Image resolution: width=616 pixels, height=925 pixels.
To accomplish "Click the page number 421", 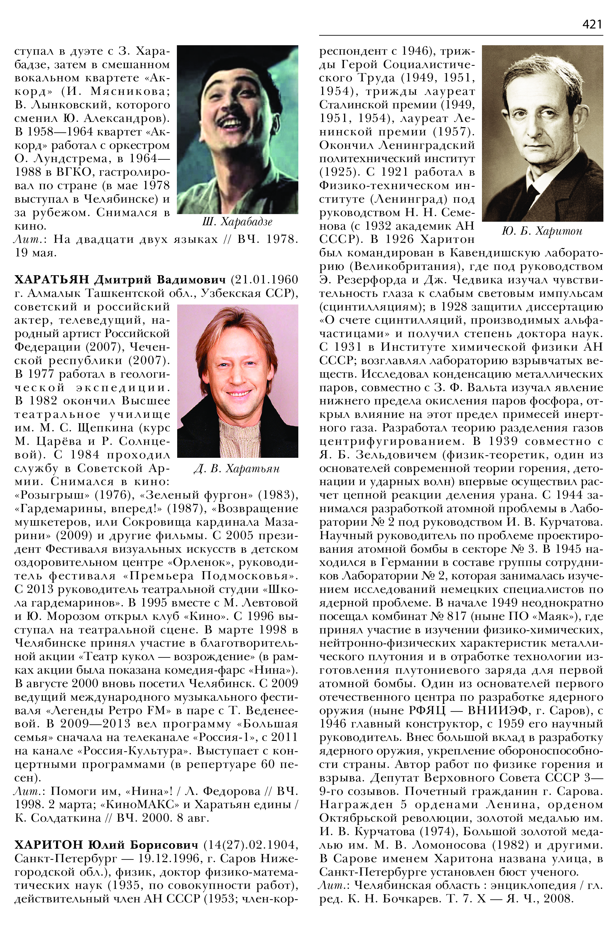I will point(592,24).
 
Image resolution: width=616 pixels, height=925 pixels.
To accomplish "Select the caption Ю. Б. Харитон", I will point(542,231).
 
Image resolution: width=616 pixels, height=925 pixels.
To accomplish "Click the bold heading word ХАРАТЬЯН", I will point(52,280).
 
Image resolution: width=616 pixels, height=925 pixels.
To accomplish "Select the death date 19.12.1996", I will point(175,858).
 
